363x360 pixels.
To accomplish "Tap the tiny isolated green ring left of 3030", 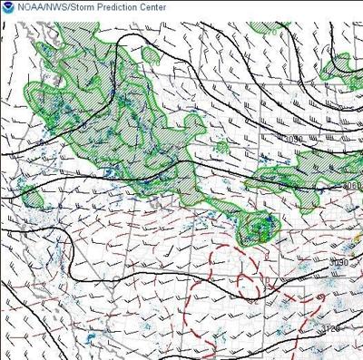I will (x=221, y=145).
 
